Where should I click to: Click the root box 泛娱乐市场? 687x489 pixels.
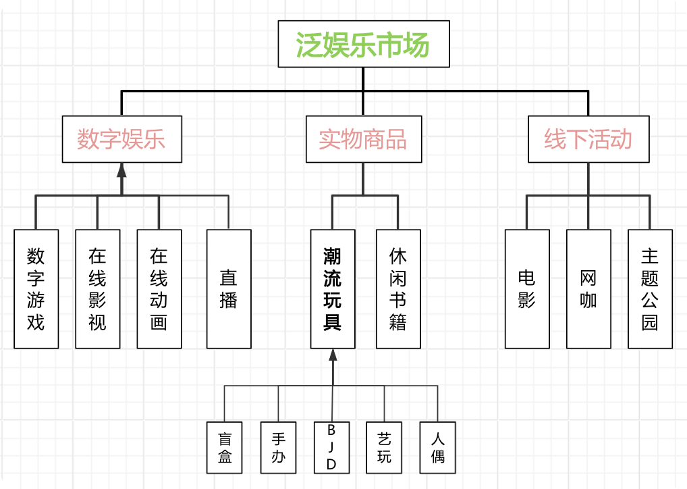363,44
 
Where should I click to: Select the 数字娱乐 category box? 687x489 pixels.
121,139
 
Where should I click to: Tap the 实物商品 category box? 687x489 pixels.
363,139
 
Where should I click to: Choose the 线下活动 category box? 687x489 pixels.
588,139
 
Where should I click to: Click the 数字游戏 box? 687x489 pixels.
36,289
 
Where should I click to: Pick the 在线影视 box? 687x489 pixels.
98,289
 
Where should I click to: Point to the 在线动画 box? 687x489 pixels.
159,289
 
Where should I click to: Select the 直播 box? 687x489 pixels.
229,289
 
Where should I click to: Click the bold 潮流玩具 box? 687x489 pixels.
333,289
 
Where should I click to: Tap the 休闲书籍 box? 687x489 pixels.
398,289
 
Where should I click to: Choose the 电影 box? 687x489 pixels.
527,289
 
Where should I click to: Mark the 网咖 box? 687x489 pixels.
588,289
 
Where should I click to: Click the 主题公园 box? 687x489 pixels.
650,289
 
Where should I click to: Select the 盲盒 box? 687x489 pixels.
225,447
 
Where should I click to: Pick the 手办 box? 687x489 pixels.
278,447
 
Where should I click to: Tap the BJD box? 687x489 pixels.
331,447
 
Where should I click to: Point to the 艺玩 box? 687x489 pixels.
385,447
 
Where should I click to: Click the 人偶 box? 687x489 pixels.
437,447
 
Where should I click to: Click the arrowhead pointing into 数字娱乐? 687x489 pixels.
121,170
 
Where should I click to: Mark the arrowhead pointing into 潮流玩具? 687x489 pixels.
333,356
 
